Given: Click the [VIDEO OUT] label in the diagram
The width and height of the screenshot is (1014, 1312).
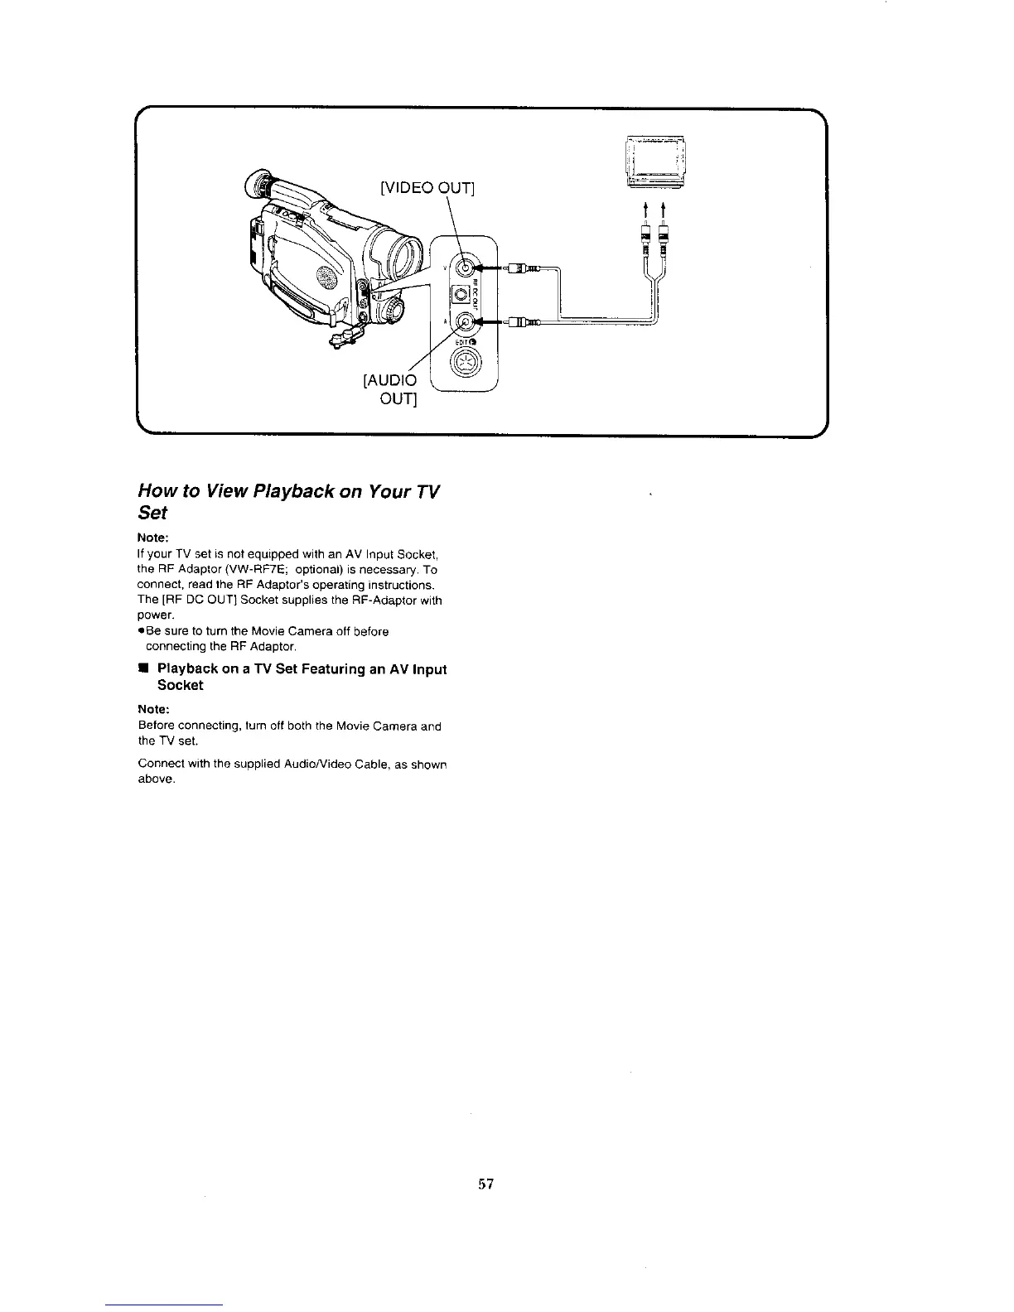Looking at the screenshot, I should [426, 188].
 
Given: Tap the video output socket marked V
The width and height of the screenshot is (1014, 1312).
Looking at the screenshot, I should [466, 268].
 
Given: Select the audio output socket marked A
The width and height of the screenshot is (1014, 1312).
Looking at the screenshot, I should [466, 322].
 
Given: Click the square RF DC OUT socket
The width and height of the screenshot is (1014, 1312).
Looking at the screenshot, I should [460, 295].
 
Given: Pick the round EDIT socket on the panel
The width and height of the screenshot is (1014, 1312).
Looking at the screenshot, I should [462, 363].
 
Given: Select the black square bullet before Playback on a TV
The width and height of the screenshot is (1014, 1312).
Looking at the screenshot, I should [143, 668].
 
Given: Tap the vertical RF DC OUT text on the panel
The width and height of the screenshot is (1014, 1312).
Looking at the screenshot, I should [476, 295].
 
